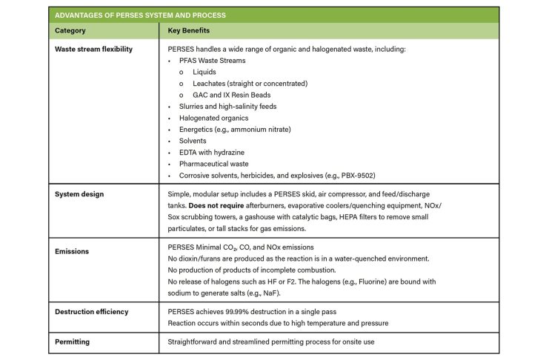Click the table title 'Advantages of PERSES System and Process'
point(141,15)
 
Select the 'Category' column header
point(70,31)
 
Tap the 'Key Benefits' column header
point(189,31)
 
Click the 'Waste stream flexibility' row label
point(94,49)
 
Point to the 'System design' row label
point(79,195)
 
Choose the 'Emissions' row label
point(73,251)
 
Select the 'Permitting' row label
point(76,342)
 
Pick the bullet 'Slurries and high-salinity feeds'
point(227,107)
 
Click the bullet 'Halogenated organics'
point(213,118)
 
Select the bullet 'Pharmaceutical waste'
point(214,164)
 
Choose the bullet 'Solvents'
point(194,141)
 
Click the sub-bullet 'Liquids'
point(204,72)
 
